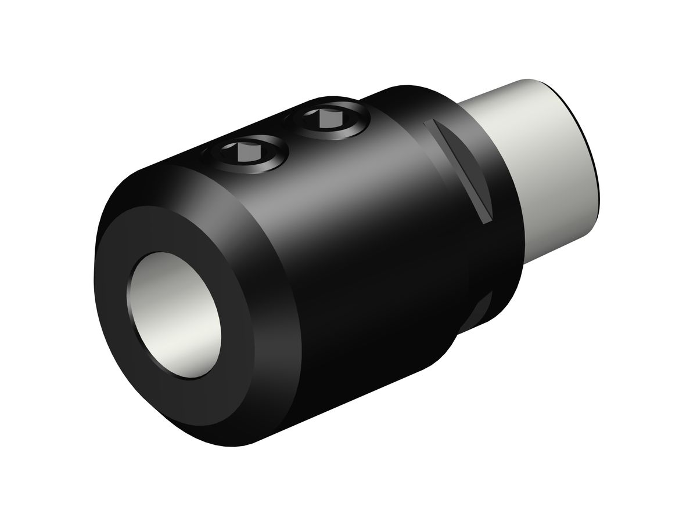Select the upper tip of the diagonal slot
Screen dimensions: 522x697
(x=429, y=124)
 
